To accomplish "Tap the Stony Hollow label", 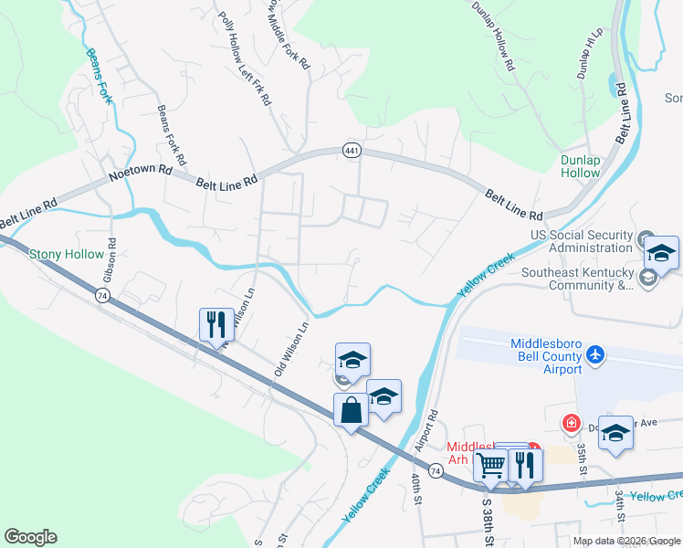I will click(x=67, y=254).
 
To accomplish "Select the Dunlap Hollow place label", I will click(x=580, y=165).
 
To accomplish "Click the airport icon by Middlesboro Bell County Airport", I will click(x=595, y=353).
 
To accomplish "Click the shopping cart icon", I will click(x=491, y=465).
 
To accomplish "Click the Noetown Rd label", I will click(x=141, y=170).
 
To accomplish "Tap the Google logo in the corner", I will click(x=30, y=537).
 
